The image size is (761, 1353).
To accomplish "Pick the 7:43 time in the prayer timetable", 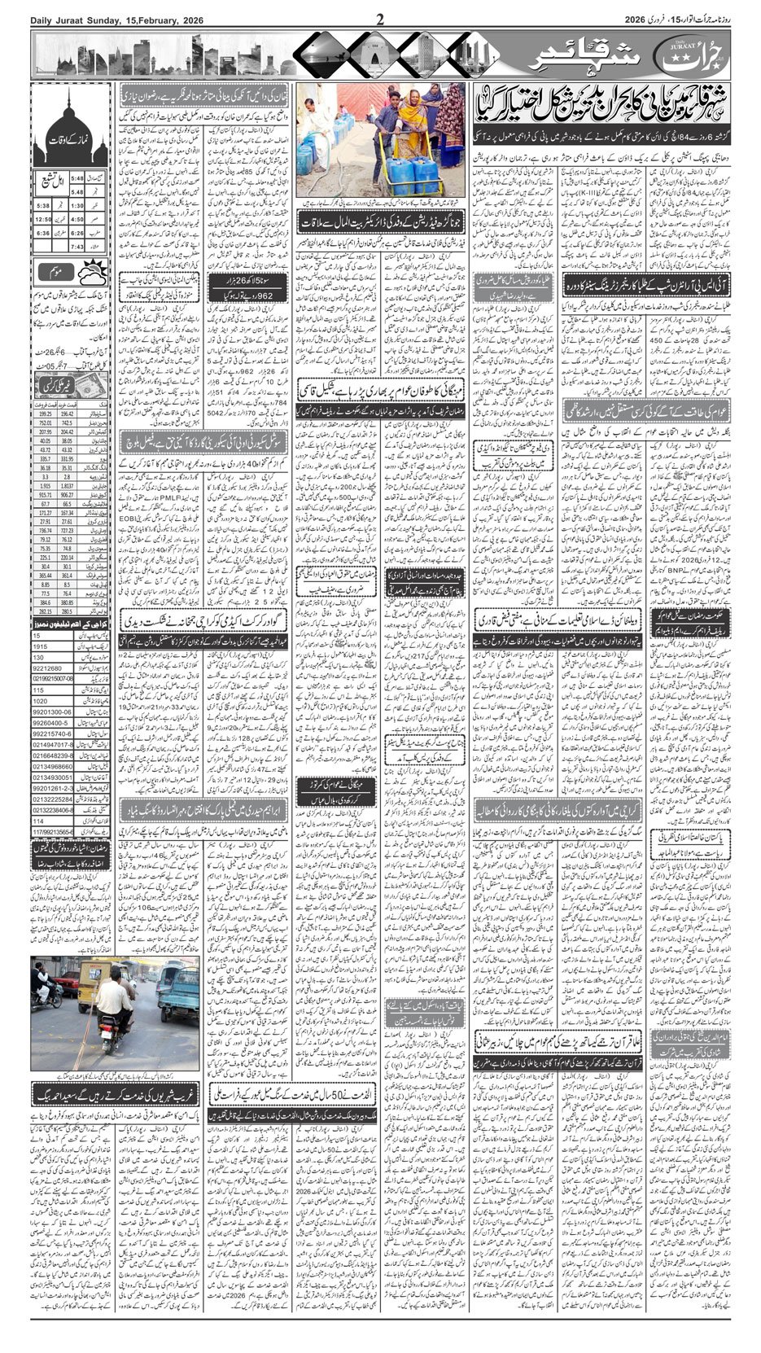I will pos(78,246).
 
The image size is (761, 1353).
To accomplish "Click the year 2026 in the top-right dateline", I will pos(646,20).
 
